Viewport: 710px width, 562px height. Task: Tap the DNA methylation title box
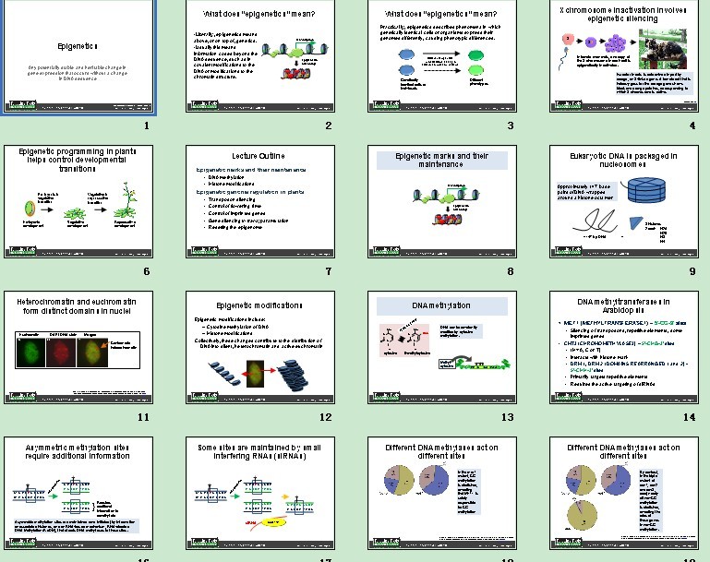(x=440, y=305)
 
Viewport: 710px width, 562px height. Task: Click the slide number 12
(x=324, y=417)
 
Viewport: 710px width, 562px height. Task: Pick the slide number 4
(x=691, y=126)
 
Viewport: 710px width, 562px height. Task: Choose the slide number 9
(x=691, y=271)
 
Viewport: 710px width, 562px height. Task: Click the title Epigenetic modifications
(x=259, y=305)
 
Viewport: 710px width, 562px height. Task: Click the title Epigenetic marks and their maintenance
(x=440, y=161)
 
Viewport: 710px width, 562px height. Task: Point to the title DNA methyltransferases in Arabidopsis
(x=622, y=306)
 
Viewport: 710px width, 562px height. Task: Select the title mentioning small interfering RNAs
(x=259, y=452)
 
